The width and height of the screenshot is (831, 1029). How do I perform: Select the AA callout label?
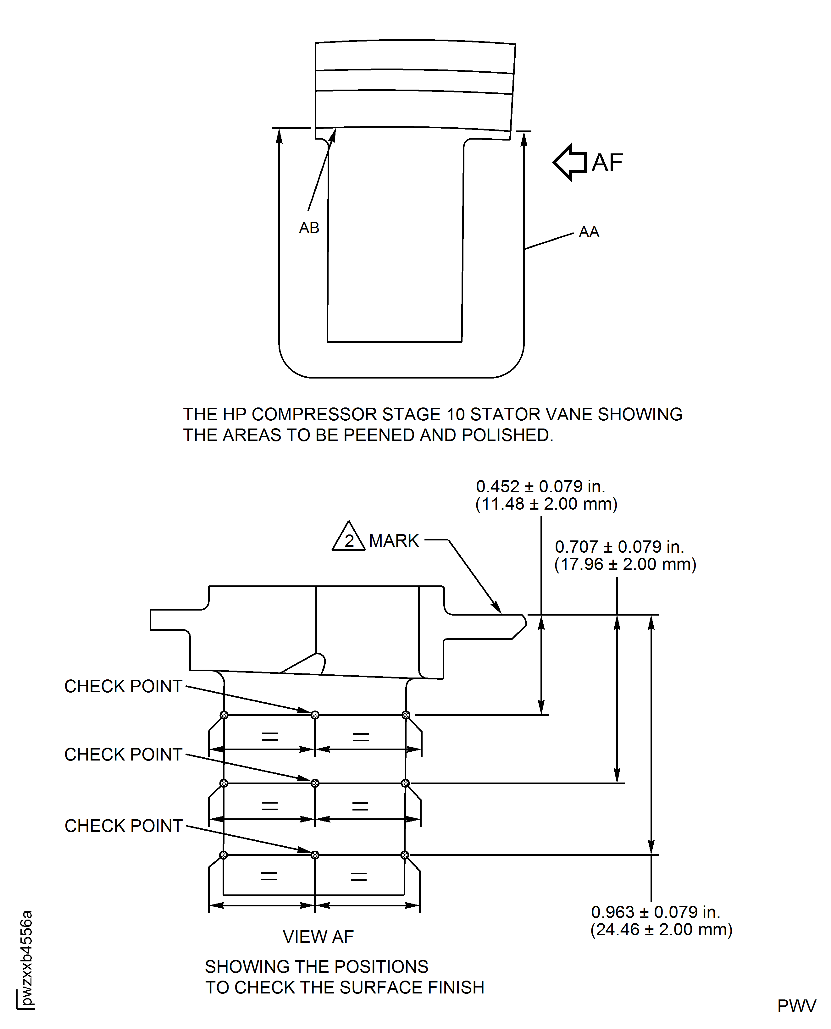[x=589, y=232]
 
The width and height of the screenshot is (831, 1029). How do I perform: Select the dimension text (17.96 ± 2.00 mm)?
[x=625, y=564]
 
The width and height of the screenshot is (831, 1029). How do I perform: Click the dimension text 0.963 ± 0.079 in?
[x=655, y=912]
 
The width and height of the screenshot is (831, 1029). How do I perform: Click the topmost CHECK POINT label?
[x=124, y=686]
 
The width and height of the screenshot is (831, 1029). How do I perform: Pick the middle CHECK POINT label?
[x=124, y=755]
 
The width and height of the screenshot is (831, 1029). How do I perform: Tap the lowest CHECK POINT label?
[x=124, y=826]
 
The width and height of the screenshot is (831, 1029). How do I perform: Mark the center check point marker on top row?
[x=315, y=715]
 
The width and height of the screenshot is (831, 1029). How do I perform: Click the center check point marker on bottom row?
[x=315, y=855]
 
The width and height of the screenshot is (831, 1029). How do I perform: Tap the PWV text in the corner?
[x=796, y=1006]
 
